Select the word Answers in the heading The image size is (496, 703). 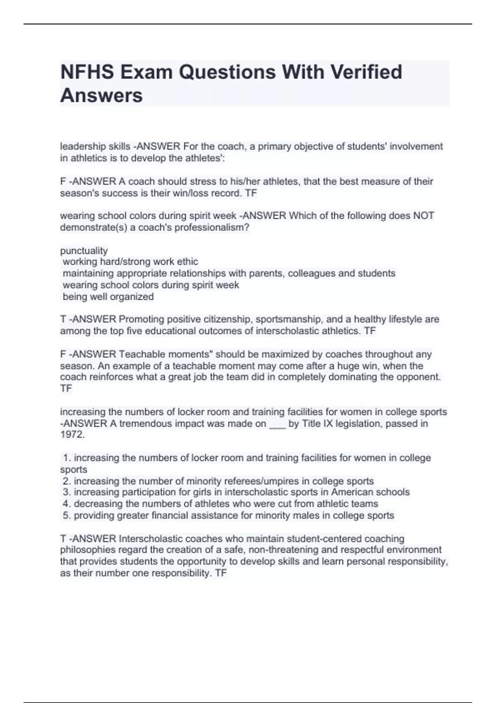click(x=101, y=96)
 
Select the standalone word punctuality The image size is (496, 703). click(x=84, y=251)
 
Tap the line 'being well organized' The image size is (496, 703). click(x=108, y=297)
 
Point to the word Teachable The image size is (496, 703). click(x=138, y=354)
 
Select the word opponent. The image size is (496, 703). click(x=419, y=377)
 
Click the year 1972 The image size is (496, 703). click(x=72, y=435)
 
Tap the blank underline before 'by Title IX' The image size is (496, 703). click(x=277, y=424)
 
